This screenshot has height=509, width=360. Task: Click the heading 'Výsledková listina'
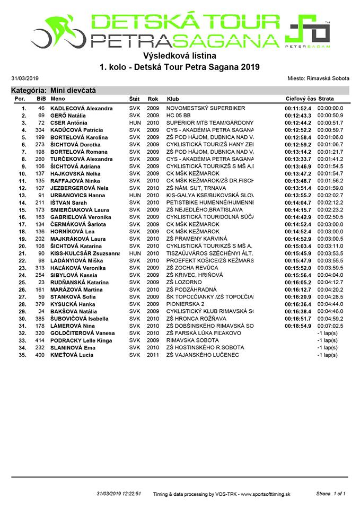(x=180, y=55)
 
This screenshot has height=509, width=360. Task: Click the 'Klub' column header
(x=173, y=99)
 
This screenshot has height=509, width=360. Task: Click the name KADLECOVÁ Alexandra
(x=81, y=108)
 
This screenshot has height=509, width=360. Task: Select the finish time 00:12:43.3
(x=298, y=116)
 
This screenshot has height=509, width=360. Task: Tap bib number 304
(x=40, y=130)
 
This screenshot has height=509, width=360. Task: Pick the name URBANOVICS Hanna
(x=77, y=195)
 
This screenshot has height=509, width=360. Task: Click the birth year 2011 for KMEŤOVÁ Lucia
(x=153, y=355)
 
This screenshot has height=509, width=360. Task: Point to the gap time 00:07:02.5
(x=330, y=326)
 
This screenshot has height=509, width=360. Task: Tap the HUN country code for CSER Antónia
(x=135, y=122)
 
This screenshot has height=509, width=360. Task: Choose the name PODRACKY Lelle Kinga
(x=82, y=340)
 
